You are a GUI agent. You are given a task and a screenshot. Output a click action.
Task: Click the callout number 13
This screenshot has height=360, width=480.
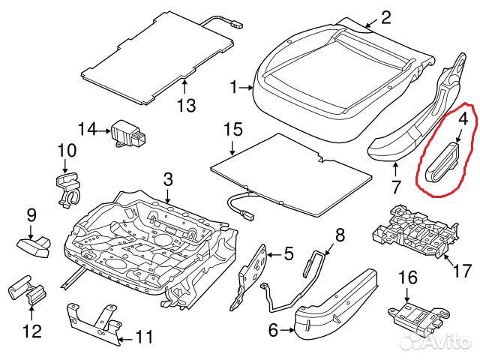[187, 105]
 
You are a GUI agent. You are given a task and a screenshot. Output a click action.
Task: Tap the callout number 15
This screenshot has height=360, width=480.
[233, 130]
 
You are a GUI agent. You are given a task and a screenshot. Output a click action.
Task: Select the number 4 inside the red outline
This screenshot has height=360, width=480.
[463, 119]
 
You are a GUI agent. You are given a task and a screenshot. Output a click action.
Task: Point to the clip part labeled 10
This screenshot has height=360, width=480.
[68, 189]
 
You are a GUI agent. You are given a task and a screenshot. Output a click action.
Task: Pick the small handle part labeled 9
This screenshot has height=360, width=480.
[34, 247]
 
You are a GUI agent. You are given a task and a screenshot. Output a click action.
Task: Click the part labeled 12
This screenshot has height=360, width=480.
[27, 290]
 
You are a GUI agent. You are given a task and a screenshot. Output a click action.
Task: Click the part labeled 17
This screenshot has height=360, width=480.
[415, 232]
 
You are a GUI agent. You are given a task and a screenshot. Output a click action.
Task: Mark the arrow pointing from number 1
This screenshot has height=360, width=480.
[245, 88]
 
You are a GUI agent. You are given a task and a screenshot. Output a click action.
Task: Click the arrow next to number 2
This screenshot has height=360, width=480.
[373, 22]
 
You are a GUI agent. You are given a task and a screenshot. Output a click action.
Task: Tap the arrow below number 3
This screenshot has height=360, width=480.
[168, 195]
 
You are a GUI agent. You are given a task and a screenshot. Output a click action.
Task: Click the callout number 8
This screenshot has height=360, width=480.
[340, 235]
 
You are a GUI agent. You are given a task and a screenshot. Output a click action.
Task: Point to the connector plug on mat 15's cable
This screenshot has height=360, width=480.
[247, 215]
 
